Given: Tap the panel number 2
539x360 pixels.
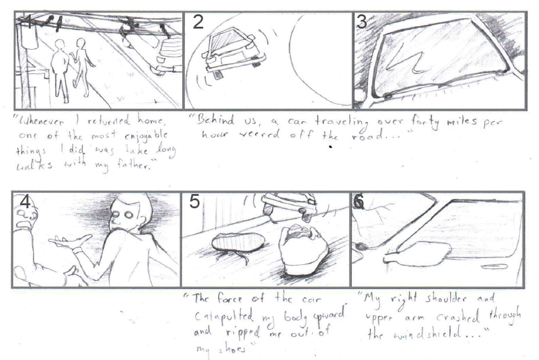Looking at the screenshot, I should click(x=198, y=22).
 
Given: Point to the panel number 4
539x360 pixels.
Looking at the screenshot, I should click(x=25, y=203).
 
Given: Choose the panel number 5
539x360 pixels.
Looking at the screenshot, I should click(x=195, y=203).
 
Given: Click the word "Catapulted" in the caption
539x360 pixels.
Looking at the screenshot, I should click(x=219, y=317).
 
